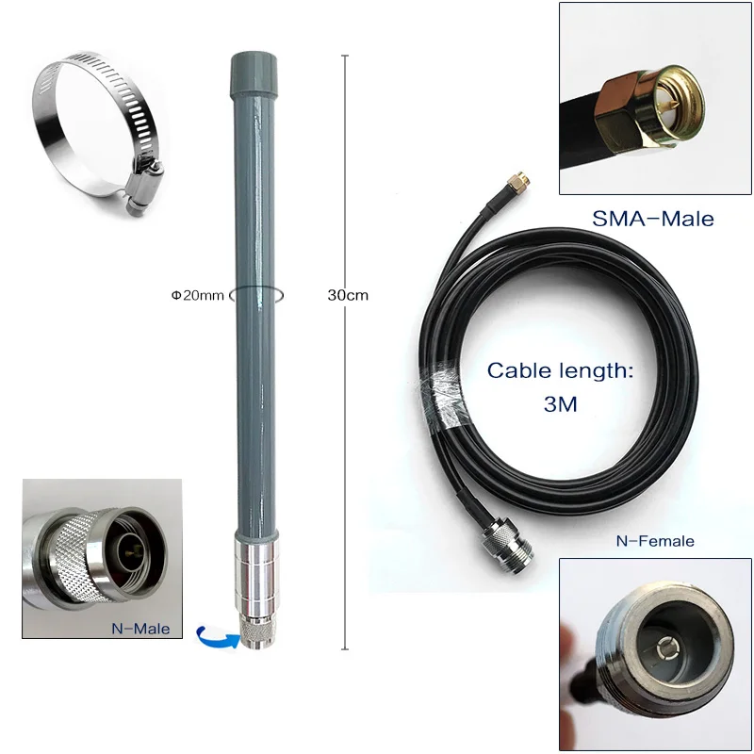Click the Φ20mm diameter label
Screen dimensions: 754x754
pyautogui.click(x=197, y=295)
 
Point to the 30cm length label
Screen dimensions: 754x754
pyautogui.click(x=348, y=295)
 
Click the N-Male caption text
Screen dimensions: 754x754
pyautogui.click(x=142, y=627)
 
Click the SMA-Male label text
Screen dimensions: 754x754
pyautogui.click(x=652, y=219)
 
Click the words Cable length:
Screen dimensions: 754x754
pyautogui.click(x=559, y=370)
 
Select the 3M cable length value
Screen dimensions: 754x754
pyautogui.click(x=559, y=405)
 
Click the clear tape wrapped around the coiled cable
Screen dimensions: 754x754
pyautogui.click(x=442, y=391)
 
